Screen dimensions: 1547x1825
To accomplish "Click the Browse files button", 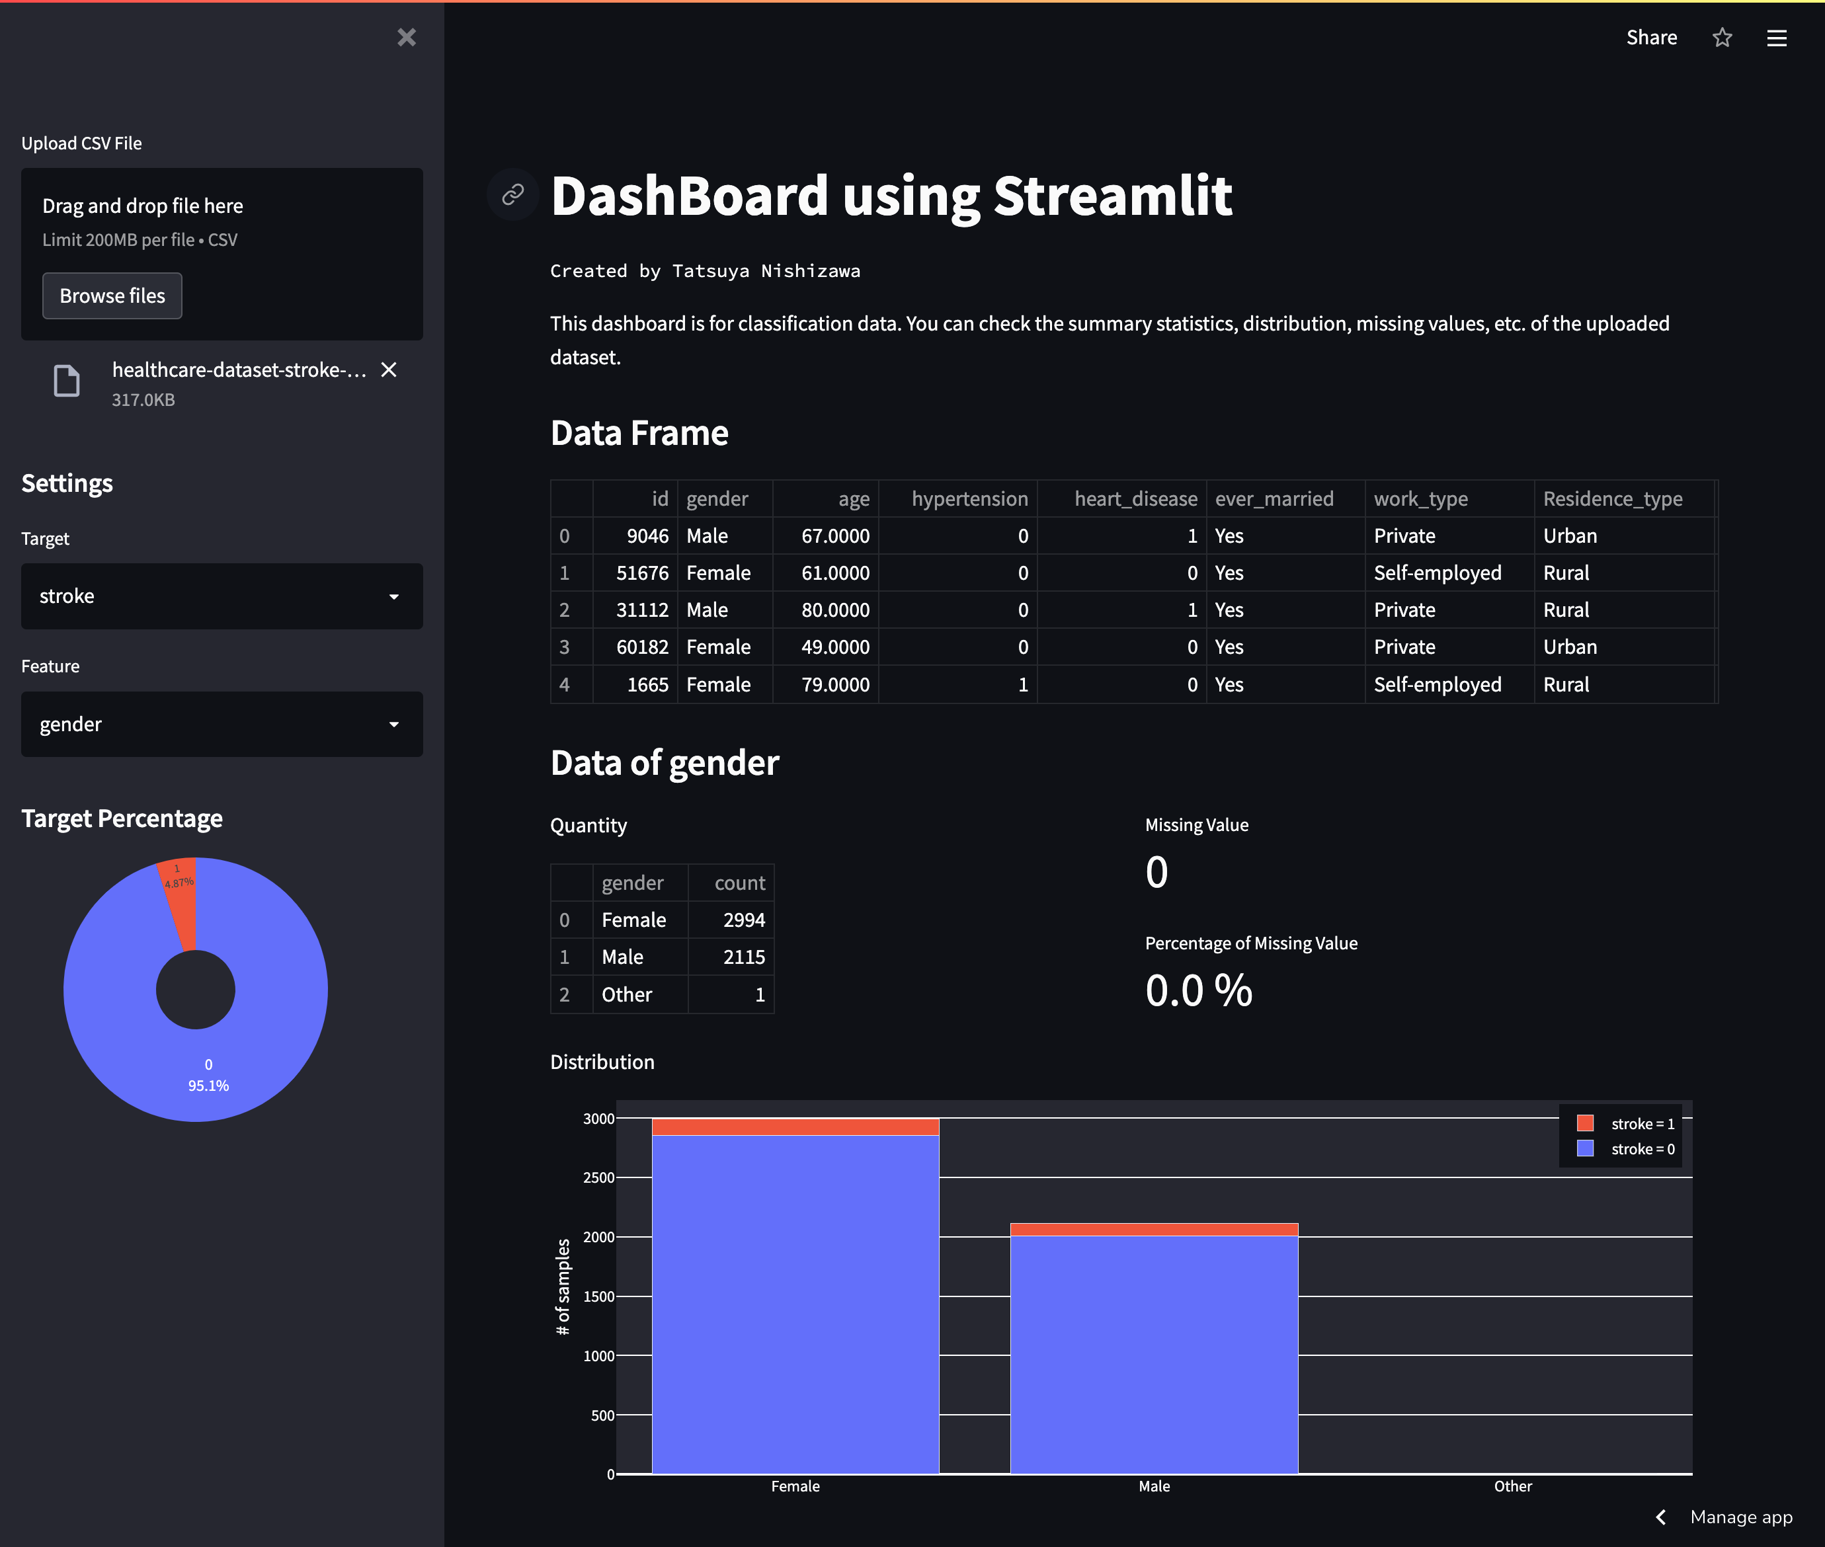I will (112, 296).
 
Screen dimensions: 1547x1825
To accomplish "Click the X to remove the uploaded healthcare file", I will (389, 370).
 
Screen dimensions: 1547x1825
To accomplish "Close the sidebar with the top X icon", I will (406, 38).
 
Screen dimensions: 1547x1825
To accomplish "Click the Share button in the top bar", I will (1651, 38).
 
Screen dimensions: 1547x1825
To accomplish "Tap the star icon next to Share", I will (1723, 38).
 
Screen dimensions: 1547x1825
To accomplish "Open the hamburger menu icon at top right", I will (1777, 38).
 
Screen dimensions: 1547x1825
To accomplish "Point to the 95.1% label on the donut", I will (209, 1085).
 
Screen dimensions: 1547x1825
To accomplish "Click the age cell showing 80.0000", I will (835, 610).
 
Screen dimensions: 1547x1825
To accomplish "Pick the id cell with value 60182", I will (642, 647).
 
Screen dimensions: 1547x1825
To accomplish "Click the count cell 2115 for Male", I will (744, 957).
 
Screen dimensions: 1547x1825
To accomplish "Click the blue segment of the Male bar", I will (1154, 1351).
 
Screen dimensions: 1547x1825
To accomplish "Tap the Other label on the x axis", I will (1513, 1486).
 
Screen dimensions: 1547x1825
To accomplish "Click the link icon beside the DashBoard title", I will (513, 194).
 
